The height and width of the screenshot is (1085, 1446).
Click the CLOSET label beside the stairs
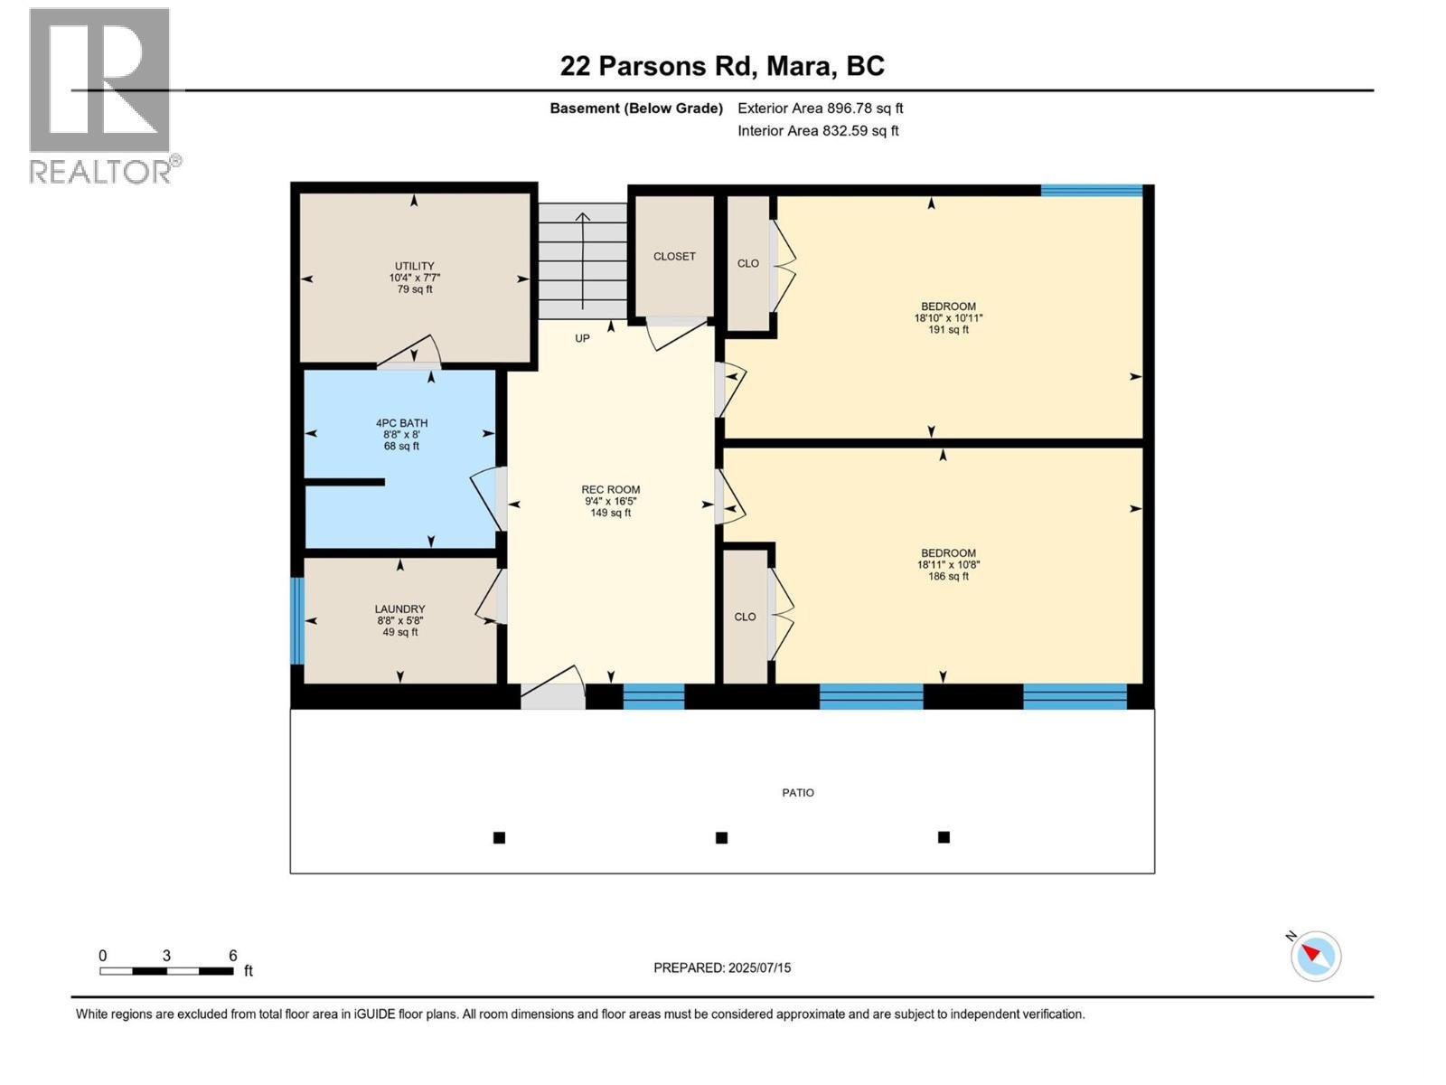coord(674,257)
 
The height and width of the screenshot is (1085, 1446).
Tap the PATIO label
coord(797,793)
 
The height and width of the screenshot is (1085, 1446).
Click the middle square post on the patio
coord(721,838)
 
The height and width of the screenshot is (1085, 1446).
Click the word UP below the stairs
coord(582,338)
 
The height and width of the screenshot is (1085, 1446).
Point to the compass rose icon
coord(1315,956)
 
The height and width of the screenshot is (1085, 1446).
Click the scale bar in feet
coord(167,971)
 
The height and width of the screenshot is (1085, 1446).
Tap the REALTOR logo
coord(100,95)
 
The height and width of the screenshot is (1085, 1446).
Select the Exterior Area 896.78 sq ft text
coord(820,108)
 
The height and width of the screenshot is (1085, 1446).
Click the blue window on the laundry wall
coord(296,620)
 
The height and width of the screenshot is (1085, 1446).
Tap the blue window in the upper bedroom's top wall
coord(1091,190)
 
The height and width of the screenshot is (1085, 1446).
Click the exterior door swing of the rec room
coord(553,691)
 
